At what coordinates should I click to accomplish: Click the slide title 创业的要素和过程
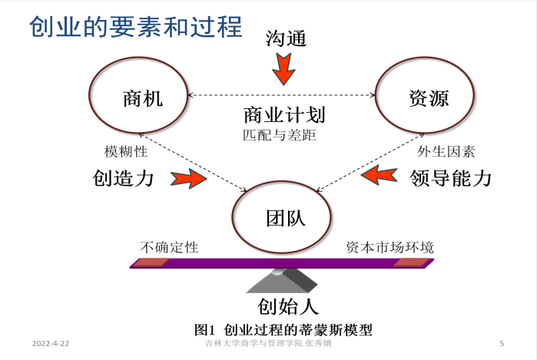pyautogui.click(x=136, y=27)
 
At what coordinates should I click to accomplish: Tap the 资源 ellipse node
pyautogui.click(x=428, y=97)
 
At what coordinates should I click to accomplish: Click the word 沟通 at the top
pyautogui.click(x=286, y=38)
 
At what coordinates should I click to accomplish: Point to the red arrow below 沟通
pyautogui.click(x=283, y=71)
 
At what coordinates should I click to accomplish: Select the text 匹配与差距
pyautogui.click(x=280, y=134)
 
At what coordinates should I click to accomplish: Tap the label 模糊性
pyautogui.click(x=126, y=152)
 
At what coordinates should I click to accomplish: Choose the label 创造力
pyautogui.click(x=124, y=179)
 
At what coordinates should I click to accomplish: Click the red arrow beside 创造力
pyautogui.click(x=188, y=180)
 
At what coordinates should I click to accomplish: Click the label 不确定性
pyautogui.click(x=169, y=247)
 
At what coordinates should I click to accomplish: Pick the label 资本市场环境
pyautogui.click(x=389, y=247)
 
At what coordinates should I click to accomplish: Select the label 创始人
pyautogui.click(x=287, y=307)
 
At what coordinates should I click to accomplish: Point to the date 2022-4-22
pyautogui.click(x=51, y=342)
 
